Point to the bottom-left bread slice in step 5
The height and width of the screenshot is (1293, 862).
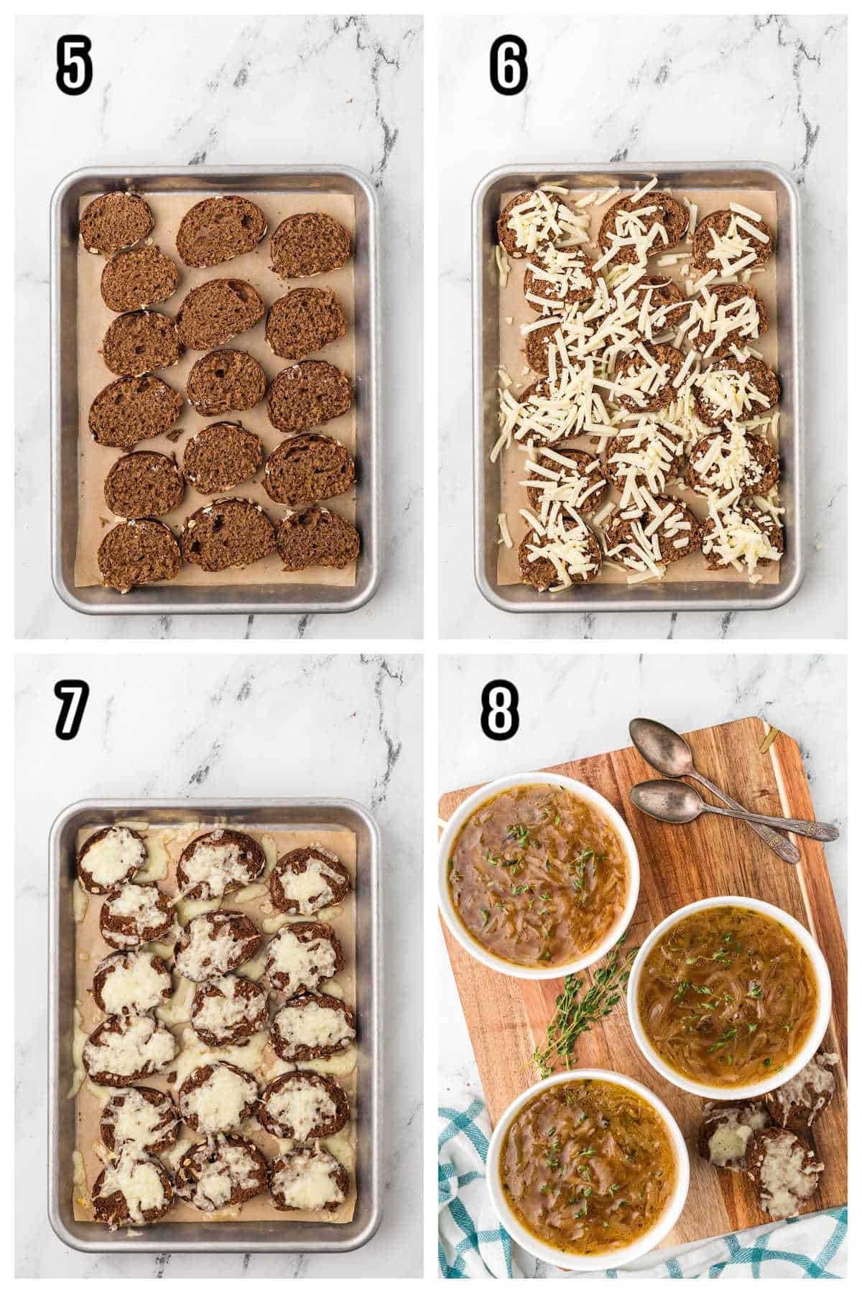(x=140, y=554)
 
